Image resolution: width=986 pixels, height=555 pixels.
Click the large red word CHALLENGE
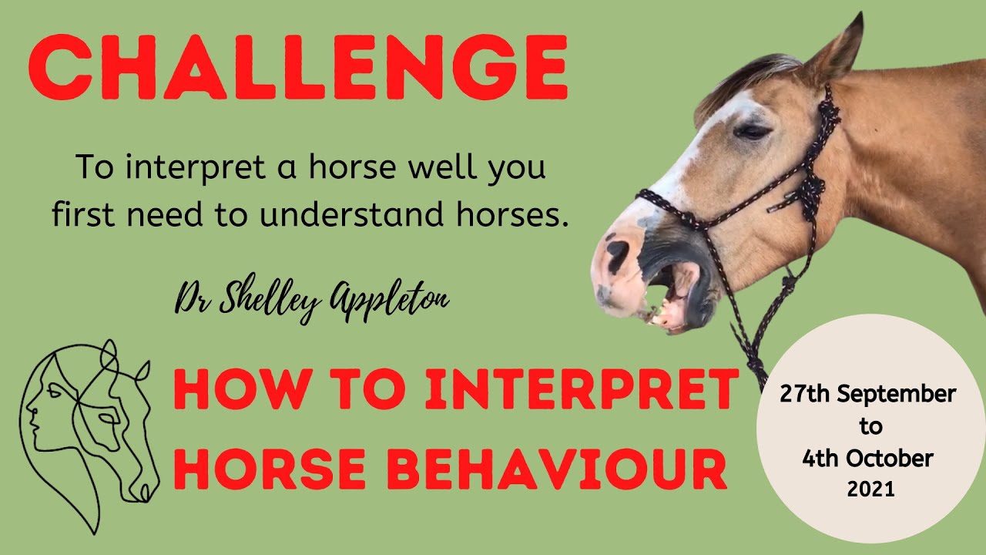(298, 67)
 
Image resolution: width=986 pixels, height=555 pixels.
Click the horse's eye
(751, 131)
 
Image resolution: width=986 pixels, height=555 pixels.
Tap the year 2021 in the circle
(870, 489)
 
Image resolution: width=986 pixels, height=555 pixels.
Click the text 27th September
(867, 394)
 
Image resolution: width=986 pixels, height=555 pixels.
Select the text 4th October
(867, 459)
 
